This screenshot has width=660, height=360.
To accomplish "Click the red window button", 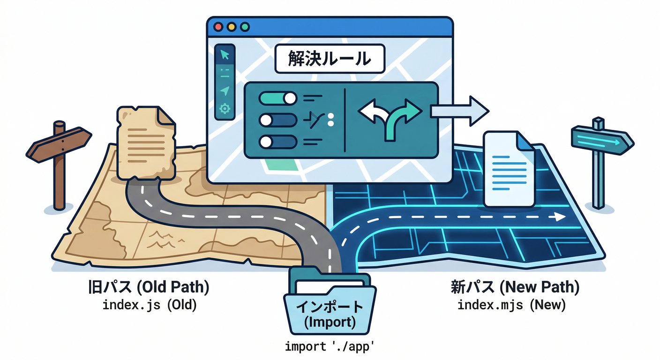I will point(218,27).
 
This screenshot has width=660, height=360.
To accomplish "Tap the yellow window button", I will point(231,27).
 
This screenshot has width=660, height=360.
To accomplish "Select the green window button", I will point(244,27).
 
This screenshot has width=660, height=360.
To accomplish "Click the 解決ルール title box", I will point(330,59).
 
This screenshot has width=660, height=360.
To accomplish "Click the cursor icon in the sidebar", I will point(225,54).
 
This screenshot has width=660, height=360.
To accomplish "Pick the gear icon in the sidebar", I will point(225,109).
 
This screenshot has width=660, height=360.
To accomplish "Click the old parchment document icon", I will point(145,143).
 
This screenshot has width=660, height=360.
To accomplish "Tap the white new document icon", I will point(509,169).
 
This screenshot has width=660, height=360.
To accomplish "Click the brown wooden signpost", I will point(59,159).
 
